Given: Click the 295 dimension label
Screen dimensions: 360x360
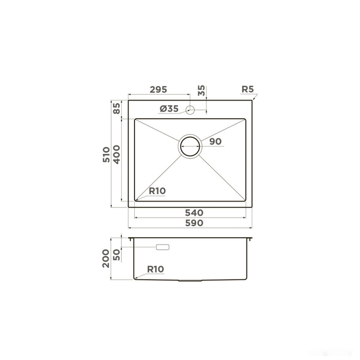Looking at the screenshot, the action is (x=158, y=90).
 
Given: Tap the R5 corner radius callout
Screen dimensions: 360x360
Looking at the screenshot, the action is (x=248, y=89).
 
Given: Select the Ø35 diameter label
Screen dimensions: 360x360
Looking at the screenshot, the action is (x=169, y=109).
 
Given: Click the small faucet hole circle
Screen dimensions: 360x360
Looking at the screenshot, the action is (x=190, y=110).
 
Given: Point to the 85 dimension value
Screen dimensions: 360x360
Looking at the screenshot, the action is (x=117, y=108).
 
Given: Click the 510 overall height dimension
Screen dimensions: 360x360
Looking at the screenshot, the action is (x=106, y=155).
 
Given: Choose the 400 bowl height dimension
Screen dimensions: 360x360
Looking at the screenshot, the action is (x=117, y=154).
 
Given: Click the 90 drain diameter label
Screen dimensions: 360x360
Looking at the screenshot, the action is (x=215, y=141).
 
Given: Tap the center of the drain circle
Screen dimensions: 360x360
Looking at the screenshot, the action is (x=190, y=146).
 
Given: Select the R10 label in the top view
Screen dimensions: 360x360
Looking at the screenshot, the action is (x=157, y=191).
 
